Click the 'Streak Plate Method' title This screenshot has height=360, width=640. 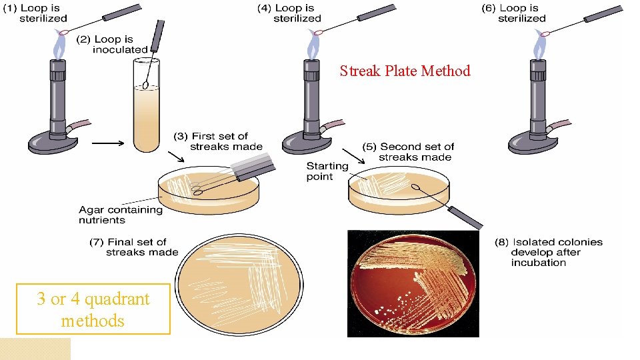(x=405, y=71)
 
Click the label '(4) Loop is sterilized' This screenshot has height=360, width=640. (x=295, y=13)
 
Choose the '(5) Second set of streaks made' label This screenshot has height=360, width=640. (x=408, y=151)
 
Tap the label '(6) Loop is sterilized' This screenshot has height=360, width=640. (x=520, y=13)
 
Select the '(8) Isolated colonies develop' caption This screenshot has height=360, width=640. (x=548, y=252)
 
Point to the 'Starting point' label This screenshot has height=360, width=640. (x=327, y=171)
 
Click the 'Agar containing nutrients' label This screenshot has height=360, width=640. (x=120, y=214)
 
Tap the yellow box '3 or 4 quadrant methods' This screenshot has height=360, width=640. (x=93, y=309)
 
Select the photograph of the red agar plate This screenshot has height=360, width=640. (x=413, y=283)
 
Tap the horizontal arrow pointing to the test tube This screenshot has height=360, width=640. (x=107, y=142)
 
